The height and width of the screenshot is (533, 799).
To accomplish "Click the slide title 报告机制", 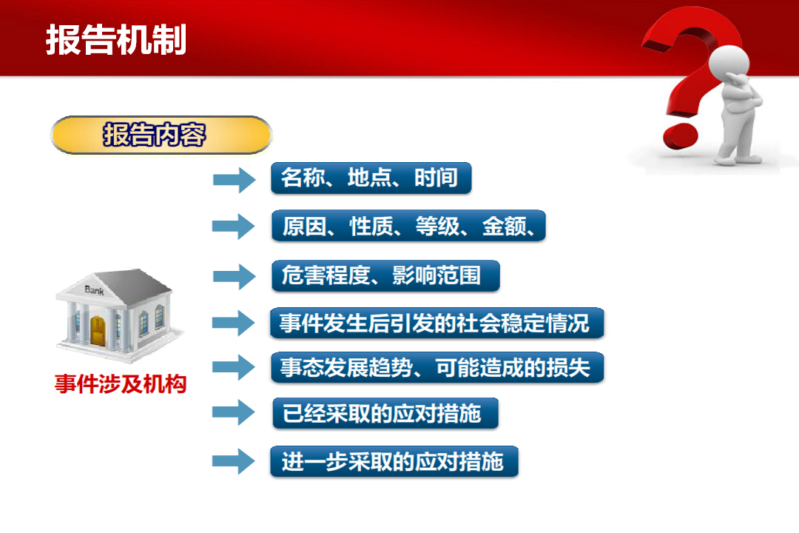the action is click(116, 40).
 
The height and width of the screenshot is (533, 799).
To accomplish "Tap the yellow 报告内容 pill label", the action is click(161, 135).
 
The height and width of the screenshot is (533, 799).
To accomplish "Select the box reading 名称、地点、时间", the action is click(371, 178).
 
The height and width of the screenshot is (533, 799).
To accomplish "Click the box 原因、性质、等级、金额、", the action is click(408, 226).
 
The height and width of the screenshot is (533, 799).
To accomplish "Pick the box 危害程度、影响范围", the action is click(385, 275).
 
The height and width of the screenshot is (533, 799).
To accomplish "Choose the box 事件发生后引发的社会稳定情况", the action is click(437, 323).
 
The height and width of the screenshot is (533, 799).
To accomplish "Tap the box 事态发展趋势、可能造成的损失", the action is click(437, 367).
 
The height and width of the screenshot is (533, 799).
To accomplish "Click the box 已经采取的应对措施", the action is click(385, 413).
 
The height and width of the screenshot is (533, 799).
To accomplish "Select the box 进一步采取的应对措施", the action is click(394, 462).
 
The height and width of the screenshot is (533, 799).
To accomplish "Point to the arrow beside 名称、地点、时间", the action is click(234, 180).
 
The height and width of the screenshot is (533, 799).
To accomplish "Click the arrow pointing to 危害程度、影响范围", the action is click(234, 276).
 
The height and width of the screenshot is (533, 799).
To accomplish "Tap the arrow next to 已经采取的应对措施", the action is click(233, 412).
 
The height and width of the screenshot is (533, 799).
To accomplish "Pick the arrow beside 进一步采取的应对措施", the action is click(233, 461).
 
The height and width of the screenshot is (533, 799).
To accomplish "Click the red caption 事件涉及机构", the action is click(121, 383).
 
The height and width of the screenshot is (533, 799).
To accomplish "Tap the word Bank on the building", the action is click(94, 290).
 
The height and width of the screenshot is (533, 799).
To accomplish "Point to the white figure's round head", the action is click(729, 63).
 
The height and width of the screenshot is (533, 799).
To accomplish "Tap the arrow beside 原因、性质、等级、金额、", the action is click(233, 227).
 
